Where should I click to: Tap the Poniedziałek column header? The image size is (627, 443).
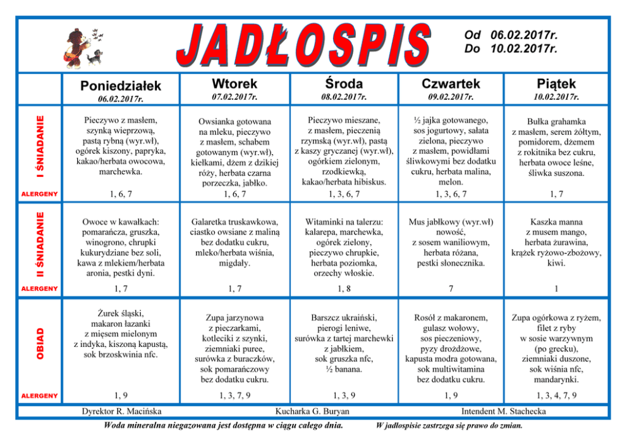click(121, 85)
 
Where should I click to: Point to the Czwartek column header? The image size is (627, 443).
click(451, 83)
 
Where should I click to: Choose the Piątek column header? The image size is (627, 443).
click(556, 83)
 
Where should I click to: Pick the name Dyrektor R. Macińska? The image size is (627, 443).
click(121, 411)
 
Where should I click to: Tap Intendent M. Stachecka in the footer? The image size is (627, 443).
click(504, 411)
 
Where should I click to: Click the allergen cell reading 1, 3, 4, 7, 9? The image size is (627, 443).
click(556, 396)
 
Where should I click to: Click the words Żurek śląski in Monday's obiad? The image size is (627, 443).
click(121, 313)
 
